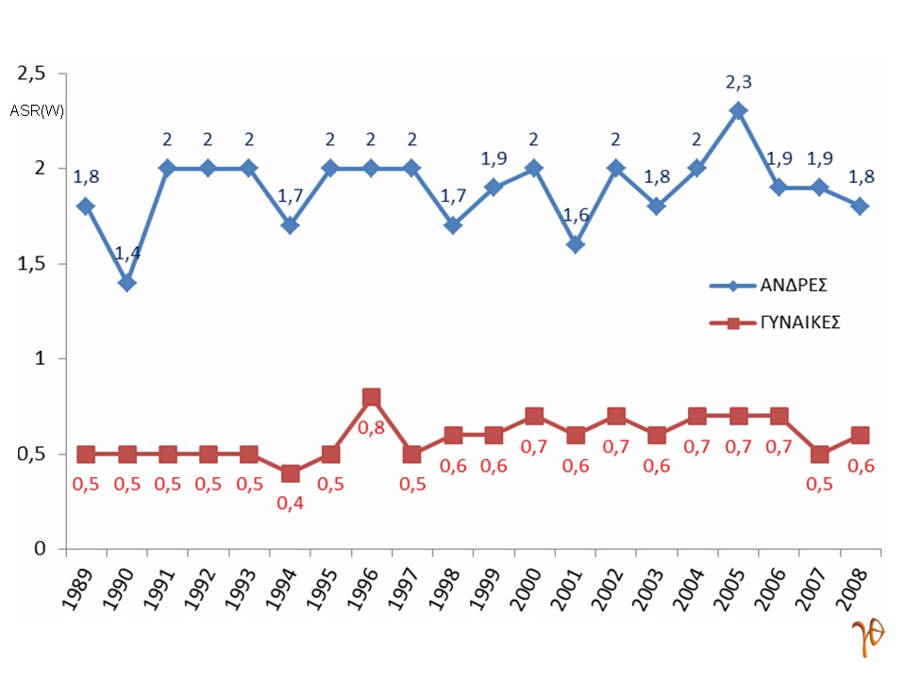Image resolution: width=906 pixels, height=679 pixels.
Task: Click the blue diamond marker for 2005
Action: coord(738,110)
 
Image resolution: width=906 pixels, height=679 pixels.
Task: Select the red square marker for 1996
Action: coord(371,397)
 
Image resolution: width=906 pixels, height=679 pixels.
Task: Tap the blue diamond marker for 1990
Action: coord(126,282)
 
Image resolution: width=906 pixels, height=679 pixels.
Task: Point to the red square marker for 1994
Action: coord(290,473)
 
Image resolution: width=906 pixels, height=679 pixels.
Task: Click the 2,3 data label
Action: coord(738,83)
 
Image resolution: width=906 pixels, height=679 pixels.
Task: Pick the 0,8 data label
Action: coord(371,426)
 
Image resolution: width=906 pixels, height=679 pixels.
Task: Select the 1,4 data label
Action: coord(126,253)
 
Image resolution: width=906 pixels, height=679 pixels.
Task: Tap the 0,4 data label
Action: coord(290,503)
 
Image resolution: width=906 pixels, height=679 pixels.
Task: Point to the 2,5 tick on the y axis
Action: coord(34,73)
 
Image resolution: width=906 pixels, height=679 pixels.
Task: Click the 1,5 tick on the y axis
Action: coord(34,263)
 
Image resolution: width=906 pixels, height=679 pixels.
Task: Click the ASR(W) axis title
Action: coord(37,110)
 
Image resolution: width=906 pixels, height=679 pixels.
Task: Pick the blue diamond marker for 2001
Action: coord(575,244)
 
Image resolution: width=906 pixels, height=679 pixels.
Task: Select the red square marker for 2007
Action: coord(819,455)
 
